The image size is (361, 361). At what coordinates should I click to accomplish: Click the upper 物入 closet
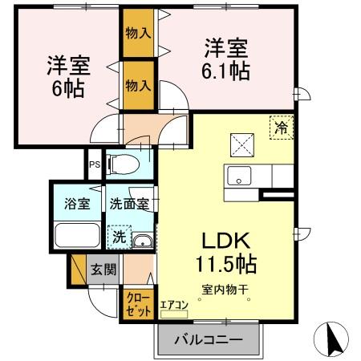[138, 33]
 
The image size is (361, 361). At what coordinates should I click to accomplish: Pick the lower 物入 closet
[138, 83]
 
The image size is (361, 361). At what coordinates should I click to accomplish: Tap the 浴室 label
[78, 204]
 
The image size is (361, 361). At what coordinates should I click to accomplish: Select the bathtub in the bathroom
[77, 237]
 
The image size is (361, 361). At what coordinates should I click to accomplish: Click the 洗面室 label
[129, 204]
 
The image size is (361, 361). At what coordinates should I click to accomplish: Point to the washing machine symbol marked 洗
[118, 237]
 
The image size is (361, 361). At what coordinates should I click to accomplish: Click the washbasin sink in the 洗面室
[142, 241]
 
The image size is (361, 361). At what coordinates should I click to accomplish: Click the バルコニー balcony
[208, 340]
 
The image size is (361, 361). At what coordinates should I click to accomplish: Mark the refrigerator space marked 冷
[282, 127]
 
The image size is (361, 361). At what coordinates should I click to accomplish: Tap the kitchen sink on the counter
[240, 176]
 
